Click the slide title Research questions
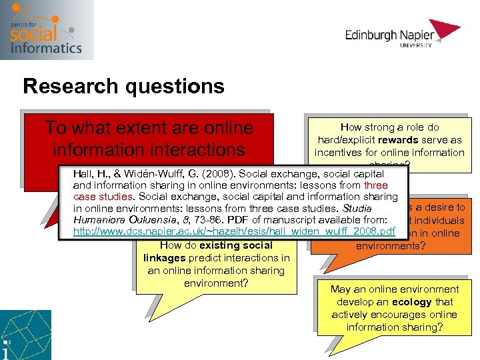coord(123,86)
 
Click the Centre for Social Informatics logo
coord(47,29)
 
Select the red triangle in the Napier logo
coord(447,29)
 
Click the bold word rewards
coord(396,139)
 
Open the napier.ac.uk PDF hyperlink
coord(234,231)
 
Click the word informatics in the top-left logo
coord(47,47)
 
